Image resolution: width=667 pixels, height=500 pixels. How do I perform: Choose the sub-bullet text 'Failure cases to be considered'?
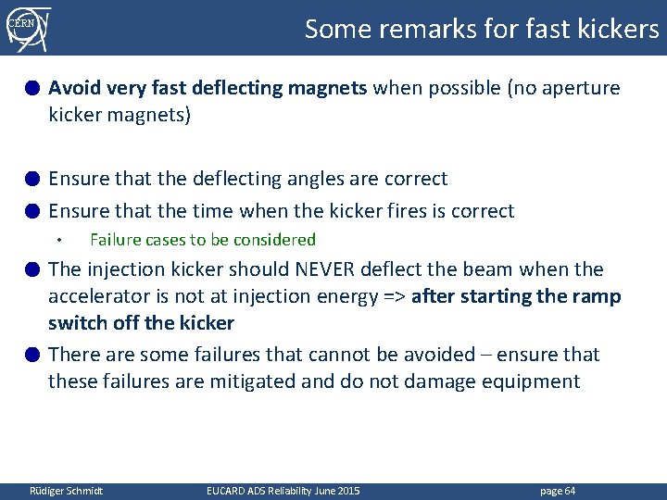(x=202, y=240)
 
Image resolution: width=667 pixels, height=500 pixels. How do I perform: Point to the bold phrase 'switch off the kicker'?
(x=141, y=323)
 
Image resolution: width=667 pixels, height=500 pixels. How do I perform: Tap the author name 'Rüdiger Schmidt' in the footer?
(x=67, y=491)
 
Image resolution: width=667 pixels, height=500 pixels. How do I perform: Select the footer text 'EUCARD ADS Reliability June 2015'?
(x=283, y=491)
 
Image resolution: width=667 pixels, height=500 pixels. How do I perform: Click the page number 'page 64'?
(x=557, y=491)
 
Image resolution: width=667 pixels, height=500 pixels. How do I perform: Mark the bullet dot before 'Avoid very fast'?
(x=31, y=89)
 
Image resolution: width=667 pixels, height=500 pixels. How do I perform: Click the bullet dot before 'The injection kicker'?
(x=31, y=270)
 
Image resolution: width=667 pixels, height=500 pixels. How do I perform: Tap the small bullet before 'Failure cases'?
(x=57, y=241)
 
